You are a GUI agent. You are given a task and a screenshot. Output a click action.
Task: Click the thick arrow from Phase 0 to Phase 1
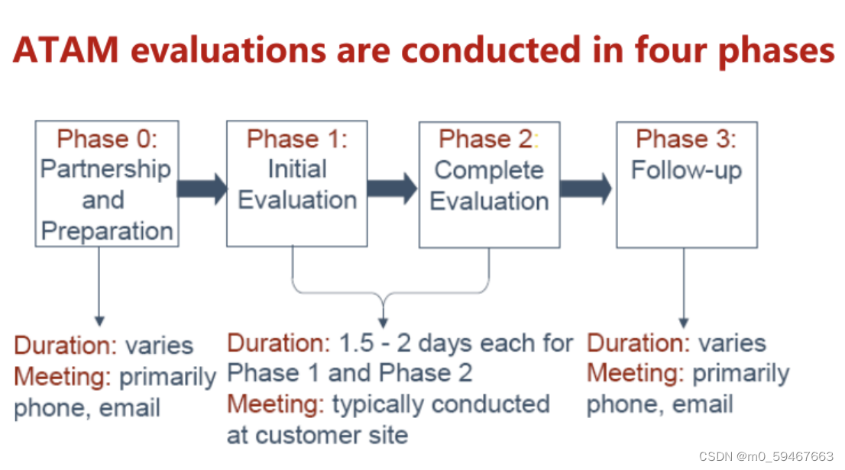(x=202, y=187)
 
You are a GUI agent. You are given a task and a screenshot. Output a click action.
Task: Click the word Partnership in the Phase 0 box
(x=106, y=169)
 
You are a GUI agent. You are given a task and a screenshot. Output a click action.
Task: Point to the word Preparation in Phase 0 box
(x=107, y=230)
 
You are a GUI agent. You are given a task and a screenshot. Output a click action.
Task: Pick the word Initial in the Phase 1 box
(x=297, y=169)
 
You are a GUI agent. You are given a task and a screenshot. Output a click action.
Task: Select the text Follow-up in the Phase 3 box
(x=686, y=169)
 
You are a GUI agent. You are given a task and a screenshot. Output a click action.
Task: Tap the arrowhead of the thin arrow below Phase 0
(x=99, y=321)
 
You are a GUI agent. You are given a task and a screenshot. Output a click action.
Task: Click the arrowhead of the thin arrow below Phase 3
(x=684, y=322)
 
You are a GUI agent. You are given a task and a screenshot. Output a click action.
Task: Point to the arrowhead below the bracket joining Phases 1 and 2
(x=383, y=321)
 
